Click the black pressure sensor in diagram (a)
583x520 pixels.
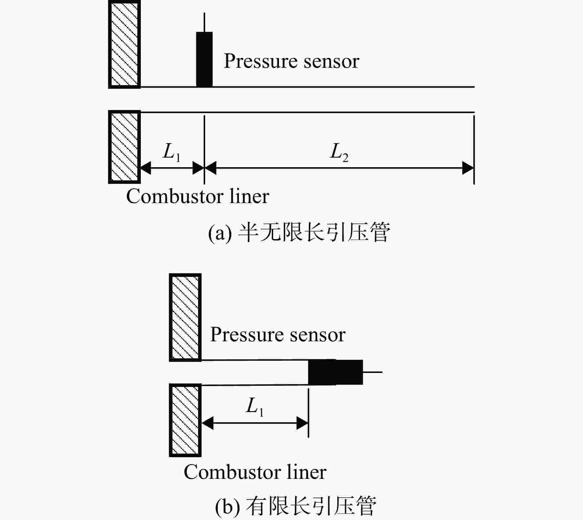pyautogui.click(x=204, y=59)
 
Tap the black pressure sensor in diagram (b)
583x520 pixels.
pyautogui.click(x=335, y=372)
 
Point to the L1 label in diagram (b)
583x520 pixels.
pyautogui.click(x=255, y=407)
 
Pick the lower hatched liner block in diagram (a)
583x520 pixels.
pyautogui.click(x=124, y=147)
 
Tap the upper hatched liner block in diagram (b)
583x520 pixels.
pyautogui.click(x=185, y=318)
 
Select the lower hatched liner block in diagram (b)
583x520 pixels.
pyautogui.click(x=185, y=420)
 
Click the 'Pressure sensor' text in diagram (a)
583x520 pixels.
pyautogui.click(x=291, y=61)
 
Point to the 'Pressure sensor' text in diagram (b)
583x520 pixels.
pyautogui.click(x=278, y=335)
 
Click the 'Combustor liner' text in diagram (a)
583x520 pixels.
pyautogui.click(x=198, y=196)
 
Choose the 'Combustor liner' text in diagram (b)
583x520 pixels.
pyautogui.click(x=255, y=472)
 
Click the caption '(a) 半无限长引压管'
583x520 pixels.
pyautogui.click(x=299, y=232)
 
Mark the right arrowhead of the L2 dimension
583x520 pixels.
pyautogui.click(x=468, y=168)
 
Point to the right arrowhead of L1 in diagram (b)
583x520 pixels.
pyautogui.click(x=302, y=423)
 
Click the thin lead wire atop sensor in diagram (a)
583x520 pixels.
pyautogui.click(x=204, y=22)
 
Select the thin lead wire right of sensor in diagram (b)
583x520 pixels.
pyautogui.click(x=372, y=372)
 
